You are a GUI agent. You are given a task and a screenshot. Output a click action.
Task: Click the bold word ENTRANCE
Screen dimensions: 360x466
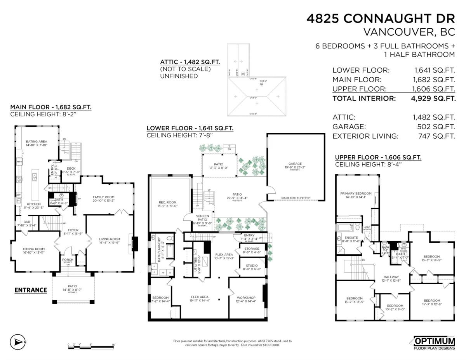tap(31, 290)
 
